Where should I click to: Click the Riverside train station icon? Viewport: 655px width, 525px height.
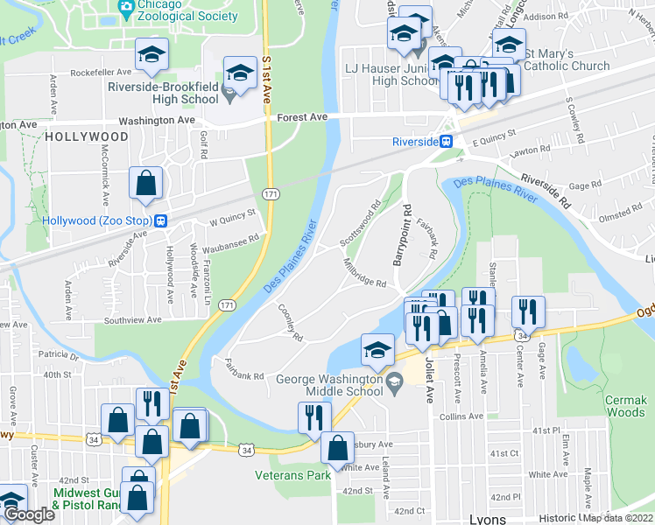(447, 141)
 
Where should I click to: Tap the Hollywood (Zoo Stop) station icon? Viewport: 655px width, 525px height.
(161, 221)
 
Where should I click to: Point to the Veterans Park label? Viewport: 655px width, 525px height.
(292, 475)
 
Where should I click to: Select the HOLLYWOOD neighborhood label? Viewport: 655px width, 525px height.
(87, 137)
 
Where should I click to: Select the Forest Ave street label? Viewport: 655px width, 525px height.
(302, 116)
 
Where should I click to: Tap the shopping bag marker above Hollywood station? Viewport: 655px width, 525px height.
(145, 183)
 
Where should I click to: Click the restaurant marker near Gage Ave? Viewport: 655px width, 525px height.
(528, 311)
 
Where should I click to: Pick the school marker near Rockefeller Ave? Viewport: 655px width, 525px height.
(152, 55)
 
